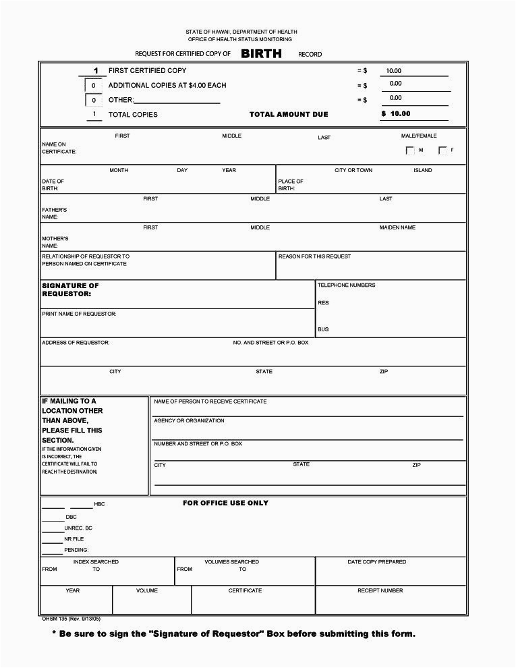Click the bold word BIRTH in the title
click(262, 54)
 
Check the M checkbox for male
click(410, 150)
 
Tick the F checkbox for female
click(443, 150)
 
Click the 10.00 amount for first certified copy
click(393, 71)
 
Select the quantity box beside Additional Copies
click(94, 86)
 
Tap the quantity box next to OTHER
click(94, 101)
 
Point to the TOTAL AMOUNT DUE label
click(289, 115)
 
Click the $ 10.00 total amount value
click(396, 114)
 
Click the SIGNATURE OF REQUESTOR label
click(70, 290)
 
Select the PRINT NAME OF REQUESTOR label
click(79, 314)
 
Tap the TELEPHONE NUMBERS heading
click(347, 285)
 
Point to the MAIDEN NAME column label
click(397, 227)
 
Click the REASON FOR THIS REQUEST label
click(314, 256)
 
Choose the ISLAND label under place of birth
click(423, 170)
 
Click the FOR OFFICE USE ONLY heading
click(225, 503)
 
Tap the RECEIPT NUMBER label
click(380, 590)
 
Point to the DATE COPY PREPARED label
click(377, 561)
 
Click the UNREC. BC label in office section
click(78, 528)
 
